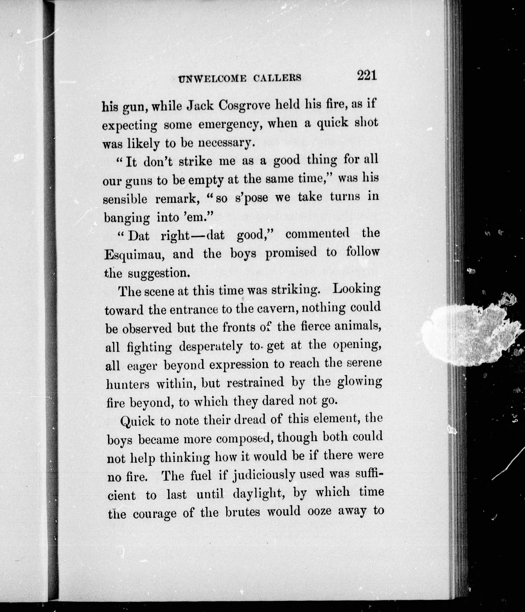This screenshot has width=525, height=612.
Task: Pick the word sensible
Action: (x=125, y=199)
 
